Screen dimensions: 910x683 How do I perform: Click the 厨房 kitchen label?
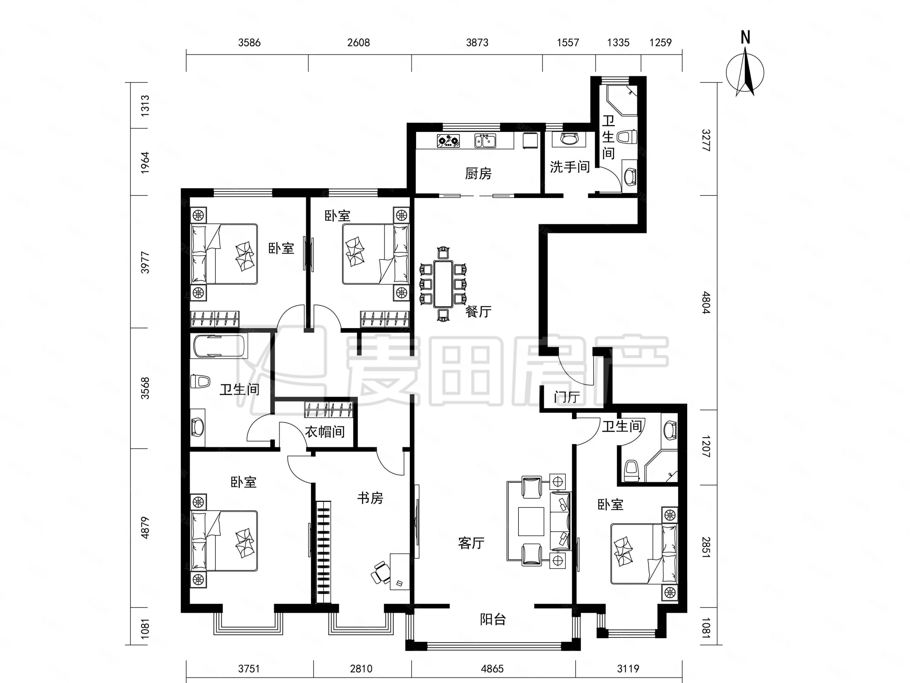click(478, 174)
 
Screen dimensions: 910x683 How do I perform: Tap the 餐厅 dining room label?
click(478, 312)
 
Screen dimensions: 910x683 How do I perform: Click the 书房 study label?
click(370, 498)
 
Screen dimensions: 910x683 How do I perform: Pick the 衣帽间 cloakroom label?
click(325, 432)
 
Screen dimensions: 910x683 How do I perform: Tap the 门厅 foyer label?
click(567, 397)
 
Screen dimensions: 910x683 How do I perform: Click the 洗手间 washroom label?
click(570, 167)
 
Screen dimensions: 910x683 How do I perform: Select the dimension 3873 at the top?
click(477, 43)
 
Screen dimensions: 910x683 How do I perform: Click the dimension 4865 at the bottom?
click(492, 669)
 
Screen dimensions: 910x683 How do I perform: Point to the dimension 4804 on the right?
click(706, 303)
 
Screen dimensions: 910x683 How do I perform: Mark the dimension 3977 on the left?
click(145, 262)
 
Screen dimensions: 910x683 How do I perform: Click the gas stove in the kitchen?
click(448, 141)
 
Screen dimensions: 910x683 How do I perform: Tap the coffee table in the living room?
click(531, 522)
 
